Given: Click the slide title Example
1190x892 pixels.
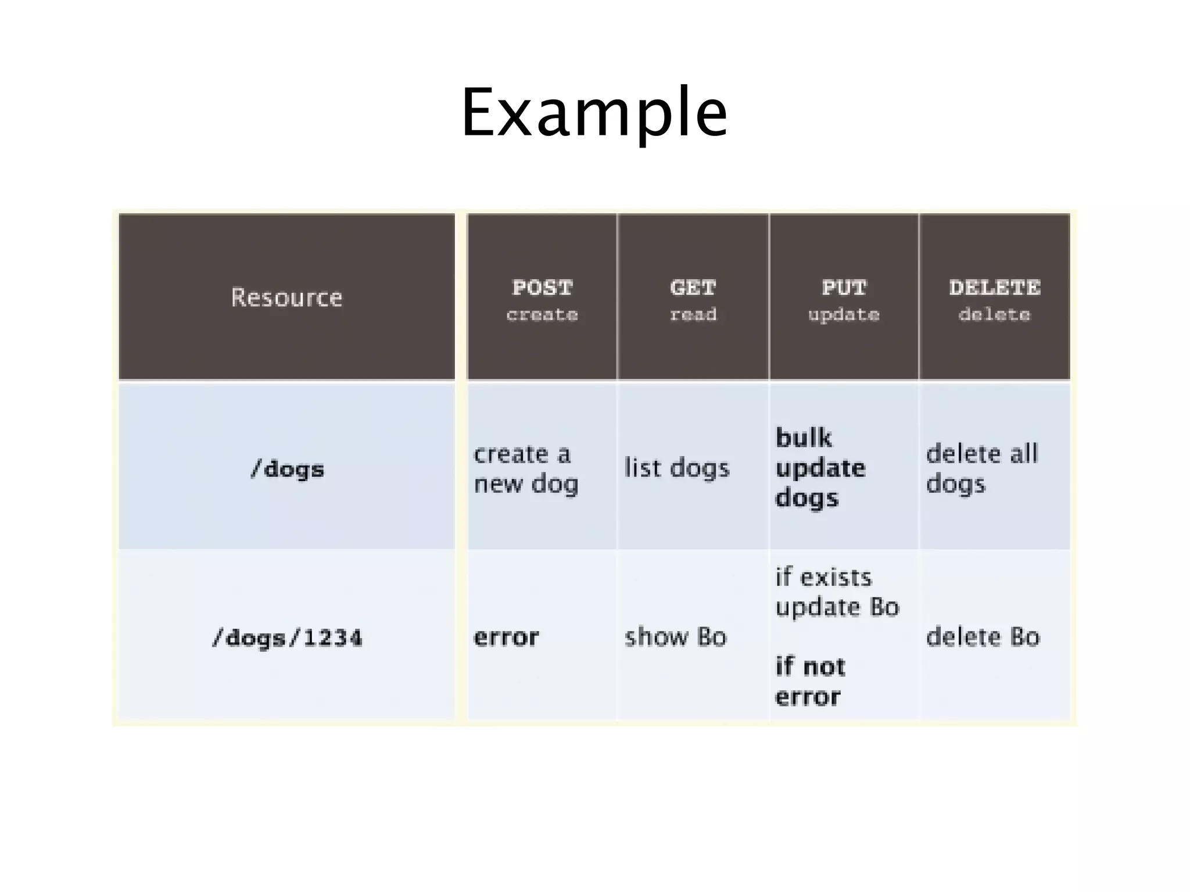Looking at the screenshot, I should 594,113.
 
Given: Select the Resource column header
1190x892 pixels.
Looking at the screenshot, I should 286,298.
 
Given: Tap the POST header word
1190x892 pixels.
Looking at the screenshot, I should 542,288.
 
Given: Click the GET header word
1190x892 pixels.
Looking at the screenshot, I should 693,288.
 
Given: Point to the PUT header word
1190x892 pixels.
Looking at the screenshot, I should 844,288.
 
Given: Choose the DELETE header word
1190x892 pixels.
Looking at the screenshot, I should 994,288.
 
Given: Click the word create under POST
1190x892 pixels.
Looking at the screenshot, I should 542,315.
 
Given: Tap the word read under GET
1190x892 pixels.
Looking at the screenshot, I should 693,315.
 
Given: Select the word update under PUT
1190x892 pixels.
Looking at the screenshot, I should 844,315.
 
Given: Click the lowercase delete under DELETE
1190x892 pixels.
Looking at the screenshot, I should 994,315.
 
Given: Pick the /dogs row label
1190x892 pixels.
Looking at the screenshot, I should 287,469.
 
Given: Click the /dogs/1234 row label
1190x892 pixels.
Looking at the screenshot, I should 287,638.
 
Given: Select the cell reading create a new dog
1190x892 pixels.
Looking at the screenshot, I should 526,468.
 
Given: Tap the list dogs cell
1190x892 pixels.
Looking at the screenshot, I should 676,468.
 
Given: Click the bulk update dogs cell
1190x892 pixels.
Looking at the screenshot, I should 820,468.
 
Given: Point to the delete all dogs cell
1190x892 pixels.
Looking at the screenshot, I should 981,468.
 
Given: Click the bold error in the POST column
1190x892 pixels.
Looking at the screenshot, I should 506,637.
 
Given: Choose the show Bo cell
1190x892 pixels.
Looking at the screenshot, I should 675,637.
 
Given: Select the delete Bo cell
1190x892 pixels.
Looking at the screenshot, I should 983,637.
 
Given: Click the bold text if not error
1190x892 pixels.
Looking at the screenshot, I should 810,682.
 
